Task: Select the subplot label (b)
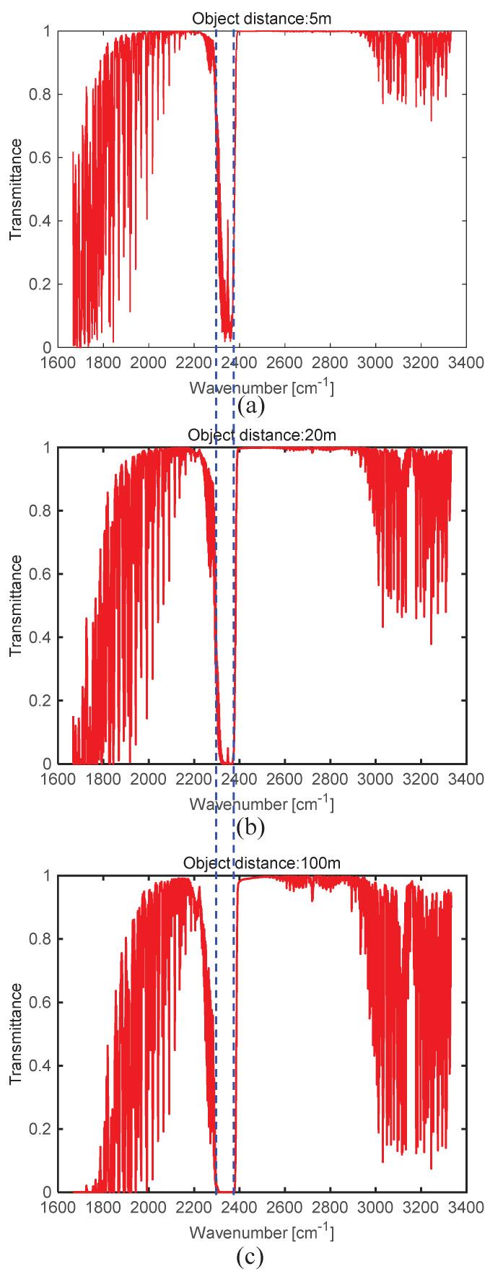pos(250,827)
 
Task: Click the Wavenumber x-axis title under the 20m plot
pos(261,803)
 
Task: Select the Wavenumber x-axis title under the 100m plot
pos(261,1230)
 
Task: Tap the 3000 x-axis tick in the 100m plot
pos(375,1207)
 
